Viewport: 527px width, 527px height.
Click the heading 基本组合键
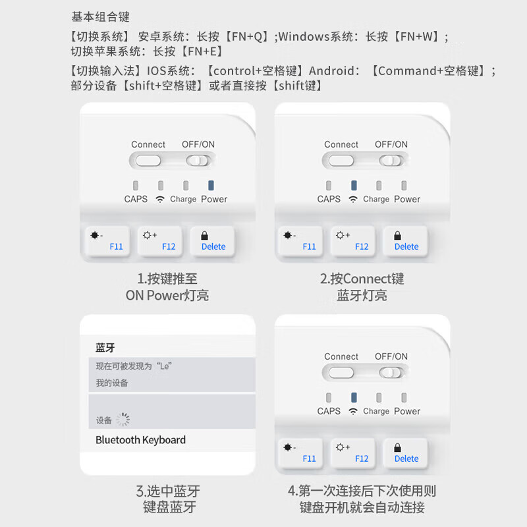tap(100, 16)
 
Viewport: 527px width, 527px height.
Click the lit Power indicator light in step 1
tap(211, 186)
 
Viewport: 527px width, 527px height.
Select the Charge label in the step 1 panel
tap(183, 199)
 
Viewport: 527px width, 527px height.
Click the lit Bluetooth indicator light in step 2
tap(353, 186)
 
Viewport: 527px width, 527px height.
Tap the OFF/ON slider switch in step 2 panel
tap(391, 160)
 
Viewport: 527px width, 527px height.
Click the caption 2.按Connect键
tap(362, 279)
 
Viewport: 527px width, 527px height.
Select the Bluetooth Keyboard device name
tap(140, 440)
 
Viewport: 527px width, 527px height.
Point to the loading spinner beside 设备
tap(123, 420)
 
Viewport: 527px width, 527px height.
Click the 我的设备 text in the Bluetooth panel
tap(112, 383)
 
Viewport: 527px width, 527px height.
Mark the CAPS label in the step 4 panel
tap(329, 411)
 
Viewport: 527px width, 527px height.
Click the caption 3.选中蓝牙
tap(168, 491)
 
